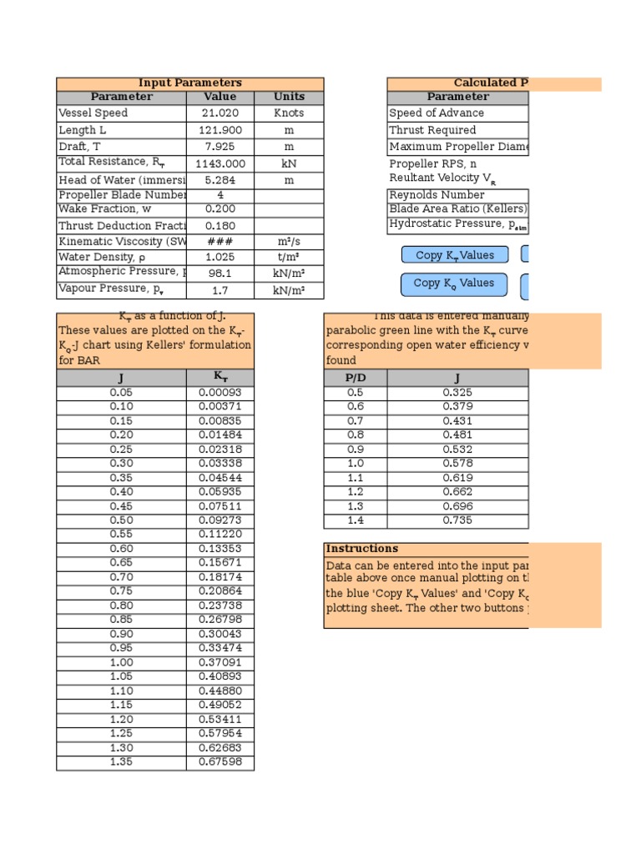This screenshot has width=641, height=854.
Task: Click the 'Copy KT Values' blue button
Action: (454, 255)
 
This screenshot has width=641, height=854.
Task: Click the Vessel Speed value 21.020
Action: (220, 113)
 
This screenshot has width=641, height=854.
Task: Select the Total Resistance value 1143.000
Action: (220, 164)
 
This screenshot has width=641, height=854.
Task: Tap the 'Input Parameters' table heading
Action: (189, 83)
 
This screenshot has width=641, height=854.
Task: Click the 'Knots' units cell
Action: (289, 113)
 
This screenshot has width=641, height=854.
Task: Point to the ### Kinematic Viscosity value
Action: (220, 241)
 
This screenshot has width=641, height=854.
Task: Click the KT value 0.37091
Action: (220, 663)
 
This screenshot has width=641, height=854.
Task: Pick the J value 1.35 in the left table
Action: (121, 761)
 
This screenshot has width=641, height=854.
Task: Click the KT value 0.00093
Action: (220, 392)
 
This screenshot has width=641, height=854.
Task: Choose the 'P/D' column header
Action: (355, 378)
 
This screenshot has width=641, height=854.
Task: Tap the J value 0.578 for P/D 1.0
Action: (457, 463)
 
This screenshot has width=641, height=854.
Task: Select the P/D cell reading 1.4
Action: (355, 520)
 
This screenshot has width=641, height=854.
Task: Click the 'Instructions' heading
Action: (351, 549)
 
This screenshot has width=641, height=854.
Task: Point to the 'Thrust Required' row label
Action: (433, 130)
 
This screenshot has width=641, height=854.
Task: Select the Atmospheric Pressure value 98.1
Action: (220, 273)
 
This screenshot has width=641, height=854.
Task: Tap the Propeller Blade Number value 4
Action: (220, 195)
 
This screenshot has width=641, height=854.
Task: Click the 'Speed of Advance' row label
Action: (437, 113)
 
